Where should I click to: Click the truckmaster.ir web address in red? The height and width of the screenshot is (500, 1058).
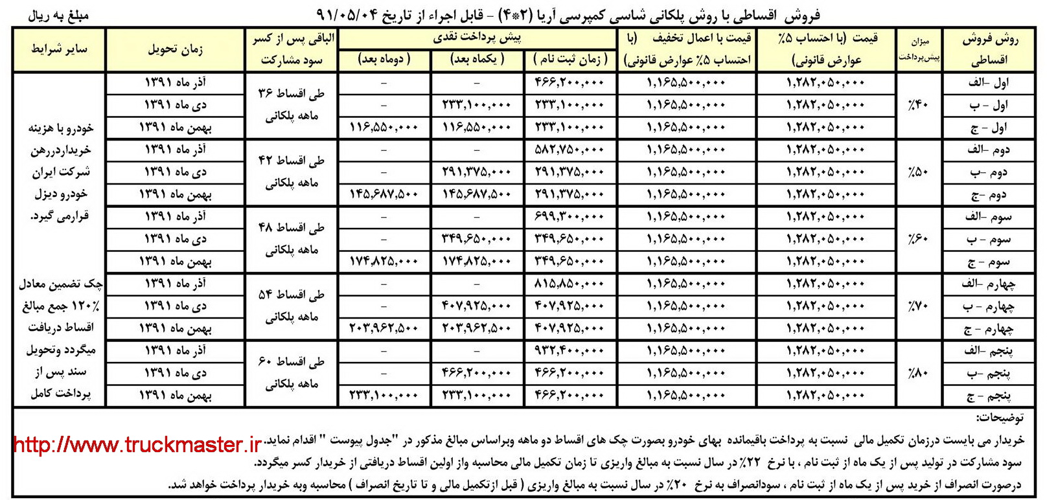[x=137, y=445]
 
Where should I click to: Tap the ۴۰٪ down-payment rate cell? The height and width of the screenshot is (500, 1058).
[x=919, y=105]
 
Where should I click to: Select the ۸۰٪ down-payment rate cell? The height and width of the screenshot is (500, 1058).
[x=919, y=373]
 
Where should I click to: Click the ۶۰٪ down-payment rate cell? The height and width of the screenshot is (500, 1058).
[x=919, y=239]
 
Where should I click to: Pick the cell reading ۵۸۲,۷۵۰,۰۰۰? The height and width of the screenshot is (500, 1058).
[x=569, y=150]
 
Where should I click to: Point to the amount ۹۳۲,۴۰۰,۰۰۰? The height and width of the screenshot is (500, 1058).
[x=569, y=351]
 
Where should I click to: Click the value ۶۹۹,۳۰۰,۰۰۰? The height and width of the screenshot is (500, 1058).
[x=569, y=217]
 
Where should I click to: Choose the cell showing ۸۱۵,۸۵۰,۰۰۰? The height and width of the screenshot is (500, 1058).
[x=569, y=284]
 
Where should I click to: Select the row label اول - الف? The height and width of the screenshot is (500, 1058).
[x=989, y=83]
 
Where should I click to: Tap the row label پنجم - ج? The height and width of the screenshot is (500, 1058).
[x=989, y=396]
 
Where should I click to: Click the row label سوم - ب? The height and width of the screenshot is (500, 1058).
[x=989, y=240]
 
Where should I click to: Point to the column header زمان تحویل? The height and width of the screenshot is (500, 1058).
[x=175, y=49]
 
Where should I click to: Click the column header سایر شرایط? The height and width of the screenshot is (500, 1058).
[x=59, y=49]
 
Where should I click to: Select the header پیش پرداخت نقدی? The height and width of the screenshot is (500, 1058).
[x=477, y=38]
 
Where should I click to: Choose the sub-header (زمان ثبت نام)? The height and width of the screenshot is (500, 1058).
[x=570, y=60]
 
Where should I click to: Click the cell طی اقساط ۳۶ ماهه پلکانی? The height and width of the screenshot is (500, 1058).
[x=292, y=105]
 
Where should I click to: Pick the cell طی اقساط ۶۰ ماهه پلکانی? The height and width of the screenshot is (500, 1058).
[x=292, y=373]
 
